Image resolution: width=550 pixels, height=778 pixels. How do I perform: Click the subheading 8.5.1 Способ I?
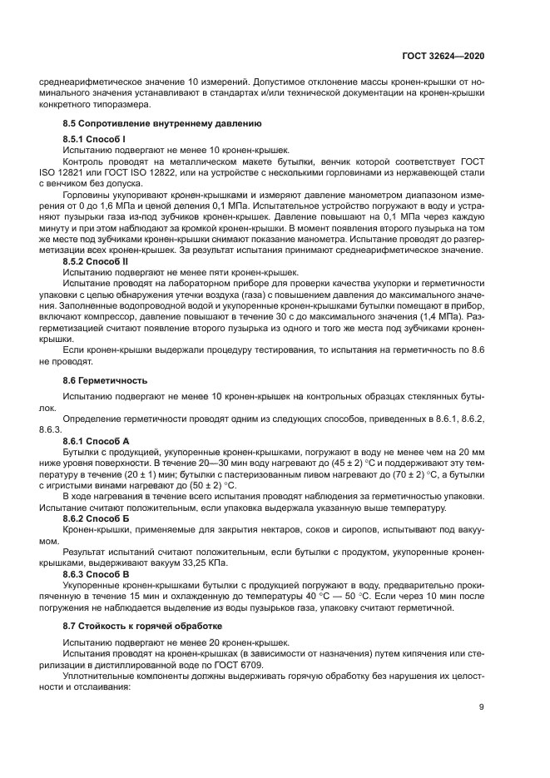click(x=94, y=136)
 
